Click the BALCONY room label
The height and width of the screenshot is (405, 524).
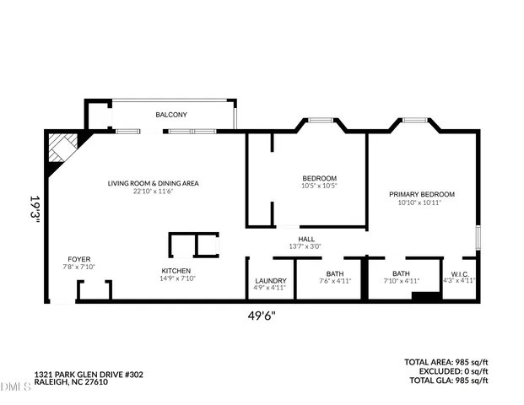pyautogui.click(x=171, y=115)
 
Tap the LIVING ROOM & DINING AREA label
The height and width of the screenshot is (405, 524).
pyautogui.click(x=153, y=183)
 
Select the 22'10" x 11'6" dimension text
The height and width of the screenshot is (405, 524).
pyautogui.click(x=153, y=192)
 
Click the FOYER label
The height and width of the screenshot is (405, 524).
pyautogui.click(x=80, y=259)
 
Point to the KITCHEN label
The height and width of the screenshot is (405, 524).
pyautogui.click(x=177, y=271)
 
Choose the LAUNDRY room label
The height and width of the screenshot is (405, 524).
pyautogui.click(x=270, y=280)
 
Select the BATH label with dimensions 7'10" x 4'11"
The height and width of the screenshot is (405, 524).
pyautogui.click(x=401, y=273)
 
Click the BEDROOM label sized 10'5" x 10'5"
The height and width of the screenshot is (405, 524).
pyautogui.click(x=320, y=178)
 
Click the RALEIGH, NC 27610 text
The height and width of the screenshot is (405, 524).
pyautogui.click(x=71, y=382)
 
